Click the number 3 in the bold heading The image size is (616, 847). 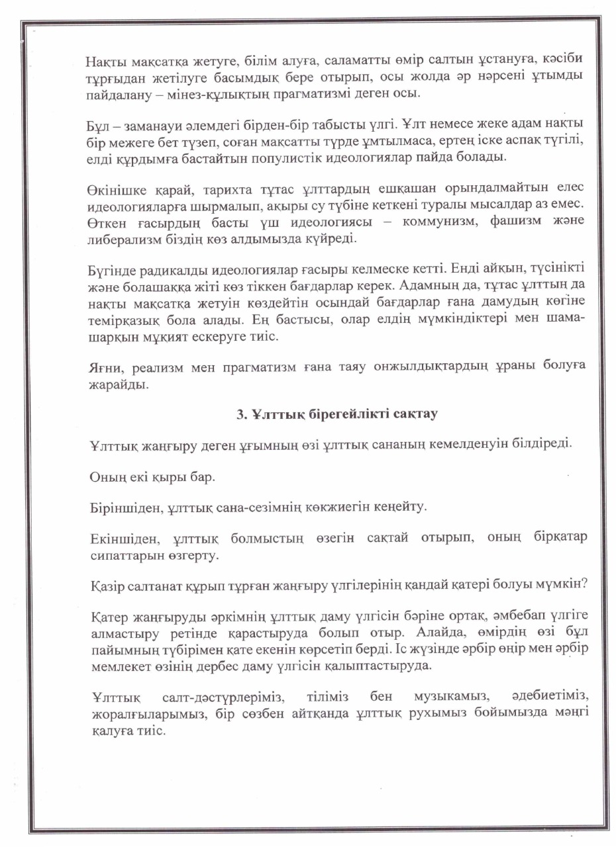[240, 415]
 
